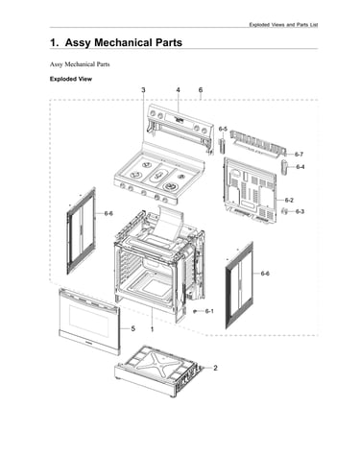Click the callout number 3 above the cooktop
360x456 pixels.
[143, 90]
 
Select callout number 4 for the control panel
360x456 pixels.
[179, 90]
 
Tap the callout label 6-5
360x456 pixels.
[223, 129]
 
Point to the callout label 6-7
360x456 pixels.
[299, 155]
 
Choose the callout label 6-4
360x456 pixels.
[300, 167]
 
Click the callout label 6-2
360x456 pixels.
[289, 201]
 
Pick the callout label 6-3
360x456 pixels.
[300, 211]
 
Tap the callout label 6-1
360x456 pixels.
[209, 311]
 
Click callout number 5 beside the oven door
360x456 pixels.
[133, 328]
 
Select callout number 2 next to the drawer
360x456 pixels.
[215, 368]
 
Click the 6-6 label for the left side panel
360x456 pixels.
[108, 213]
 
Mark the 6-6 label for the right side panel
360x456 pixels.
[265, 274]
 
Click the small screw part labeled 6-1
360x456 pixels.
[195, 311]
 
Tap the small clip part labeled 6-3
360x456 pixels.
[284, 211]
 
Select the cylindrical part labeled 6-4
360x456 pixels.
[285, 167]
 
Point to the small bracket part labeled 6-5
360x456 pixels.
[222, 146]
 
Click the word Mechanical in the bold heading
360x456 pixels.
[123, 42]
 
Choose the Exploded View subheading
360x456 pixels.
[71, 79]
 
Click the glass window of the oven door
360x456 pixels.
[89, 320]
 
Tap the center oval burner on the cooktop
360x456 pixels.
[159, 175]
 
